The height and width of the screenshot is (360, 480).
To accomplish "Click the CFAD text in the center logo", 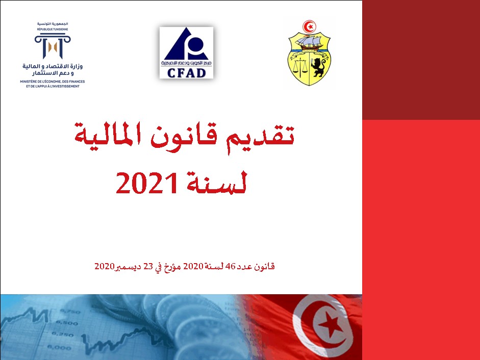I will point(186,72).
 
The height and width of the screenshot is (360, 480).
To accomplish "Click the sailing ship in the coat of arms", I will point(309,43).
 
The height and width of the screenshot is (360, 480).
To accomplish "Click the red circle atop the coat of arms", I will point(309,26).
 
